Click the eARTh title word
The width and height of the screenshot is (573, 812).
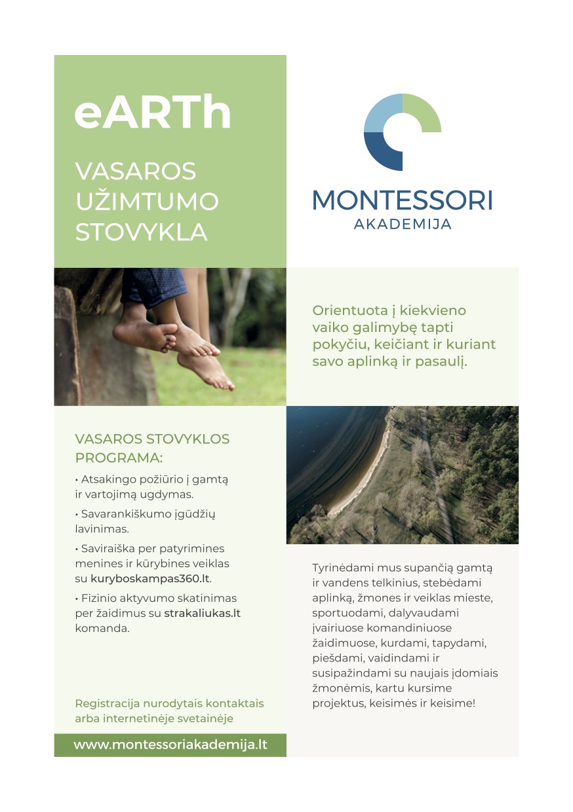click(153, 112)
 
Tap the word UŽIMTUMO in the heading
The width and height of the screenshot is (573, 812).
click(147, 202)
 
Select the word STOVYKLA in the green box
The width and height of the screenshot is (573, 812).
click(142, 232)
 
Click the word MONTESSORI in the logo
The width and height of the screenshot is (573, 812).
click(402, 200)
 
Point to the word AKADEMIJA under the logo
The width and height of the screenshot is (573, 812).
click(403, 224)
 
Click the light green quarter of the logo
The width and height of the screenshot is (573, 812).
click(422, 113)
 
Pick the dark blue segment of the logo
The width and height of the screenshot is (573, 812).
click(382, 152)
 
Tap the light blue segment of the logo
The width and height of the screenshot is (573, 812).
click(383, 113)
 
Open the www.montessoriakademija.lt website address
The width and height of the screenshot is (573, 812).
click(170, 745)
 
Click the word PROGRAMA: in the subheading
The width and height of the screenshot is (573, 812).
click(118, 457)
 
